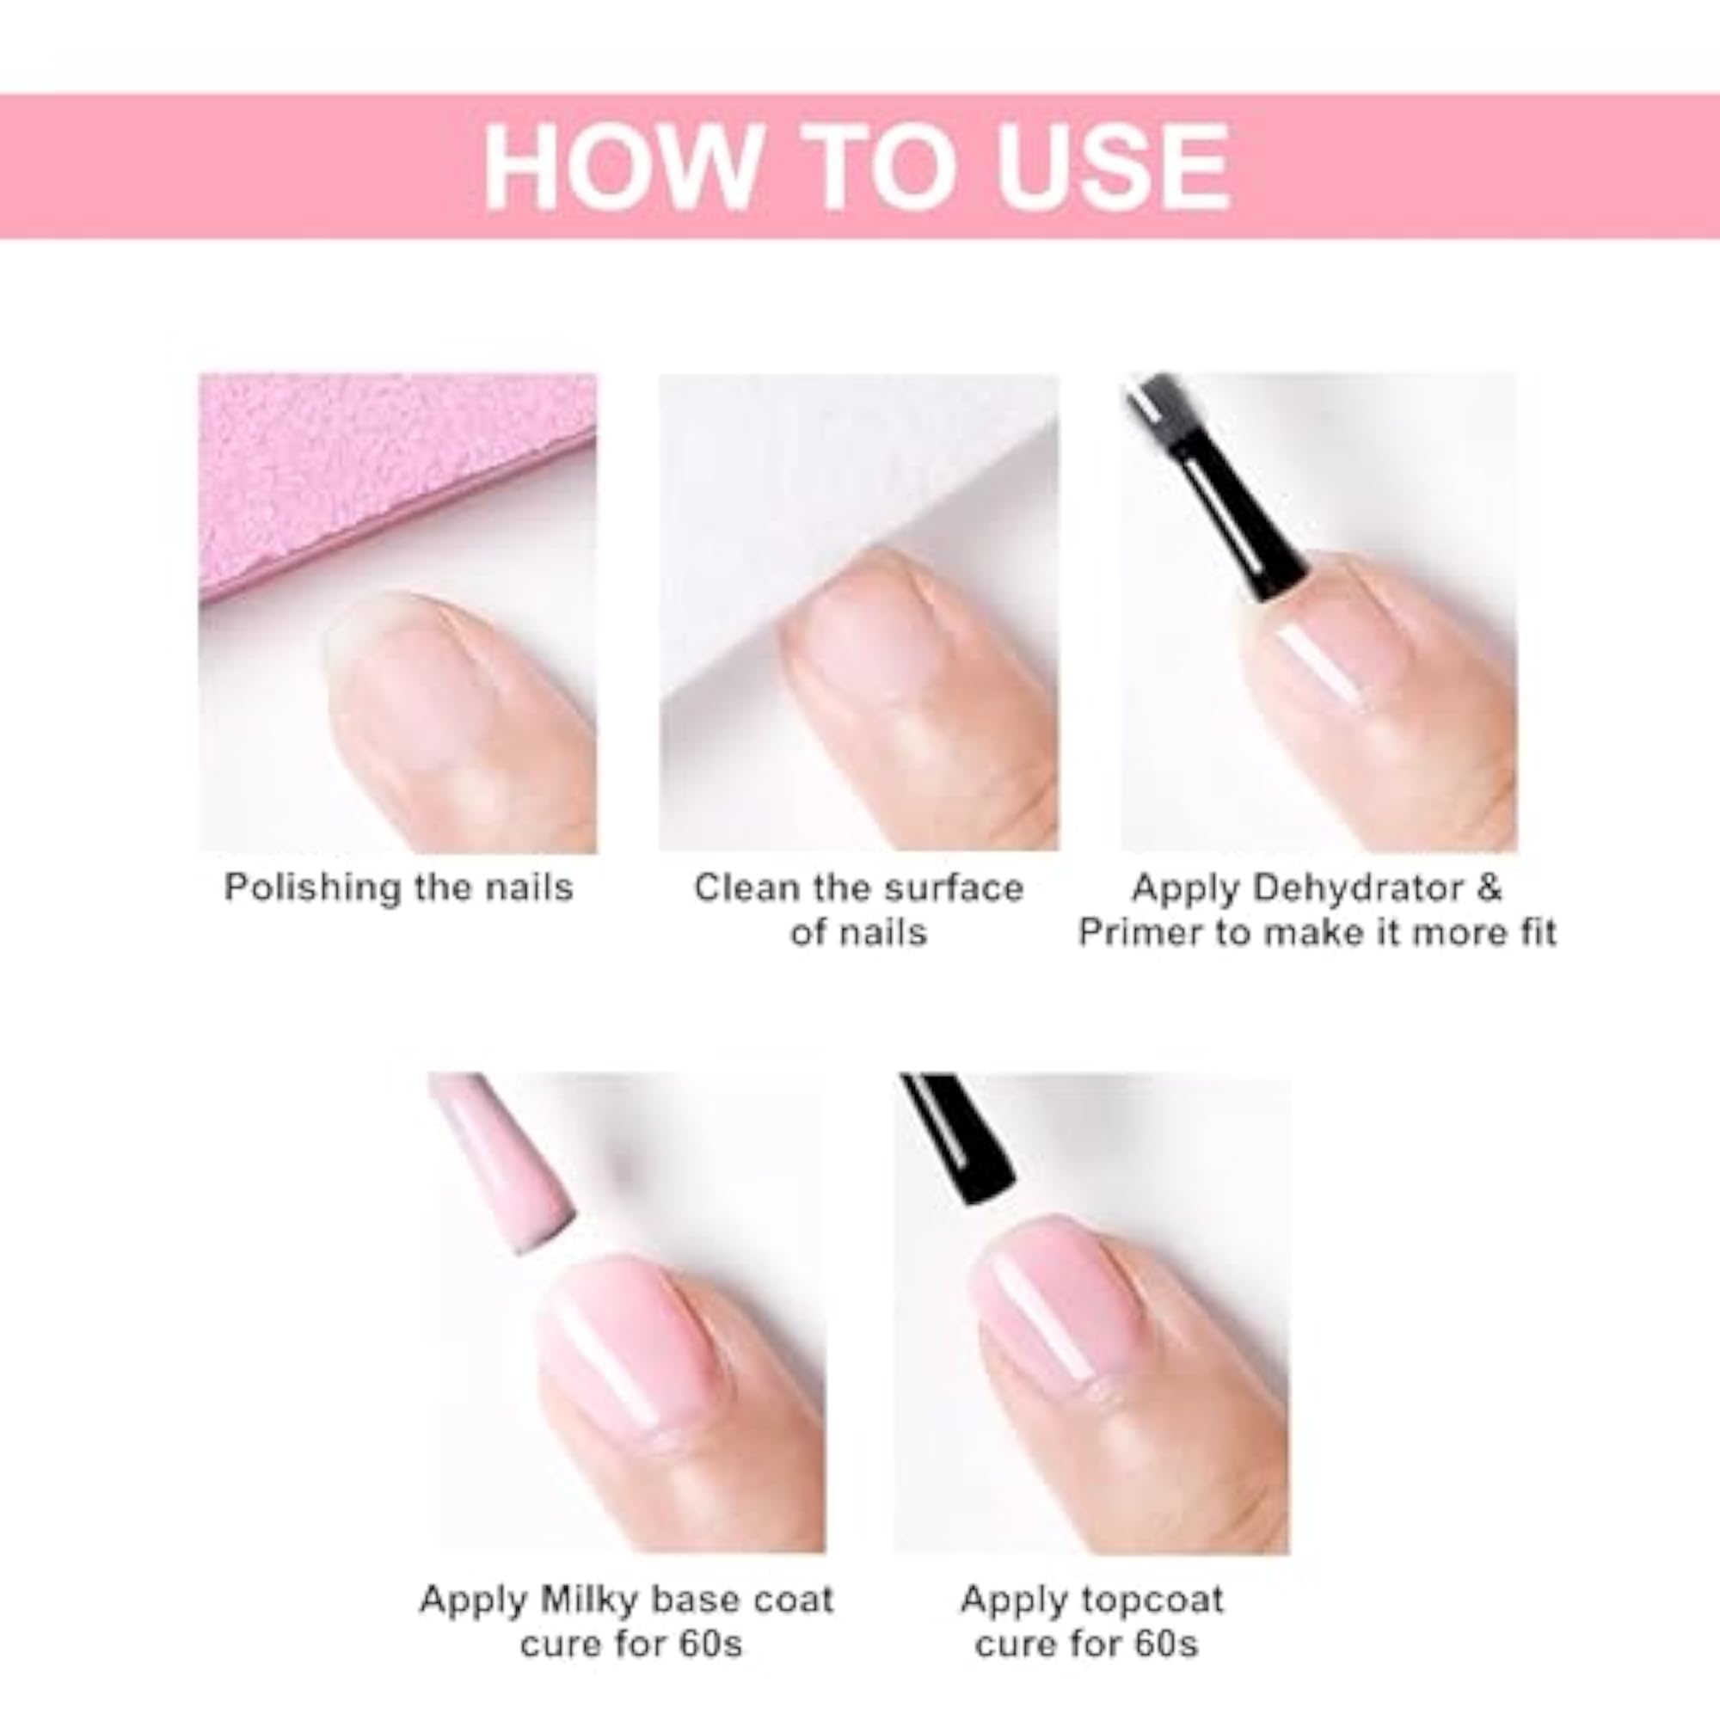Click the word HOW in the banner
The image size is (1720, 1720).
[x=617, y=167]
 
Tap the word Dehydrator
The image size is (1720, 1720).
[x=1361, y=888]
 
